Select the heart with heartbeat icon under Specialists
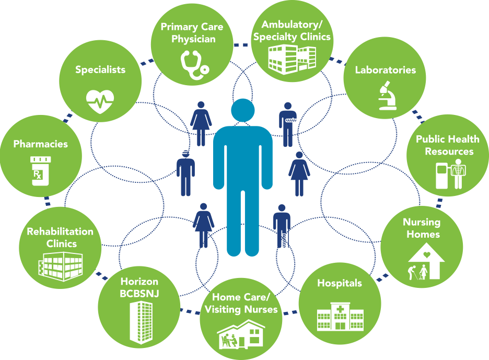[x=100, y=100]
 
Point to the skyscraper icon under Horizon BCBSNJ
[x=140, y=320]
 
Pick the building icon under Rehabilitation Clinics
[x=60, y=266]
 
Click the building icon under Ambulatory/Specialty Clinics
[x=292, y=58]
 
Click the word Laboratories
[x=386, y=69]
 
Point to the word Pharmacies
[x=41, y=143]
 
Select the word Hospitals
[x=340, y=283]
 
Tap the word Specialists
[x=100, y=69]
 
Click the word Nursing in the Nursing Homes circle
[x=421, y=223]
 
